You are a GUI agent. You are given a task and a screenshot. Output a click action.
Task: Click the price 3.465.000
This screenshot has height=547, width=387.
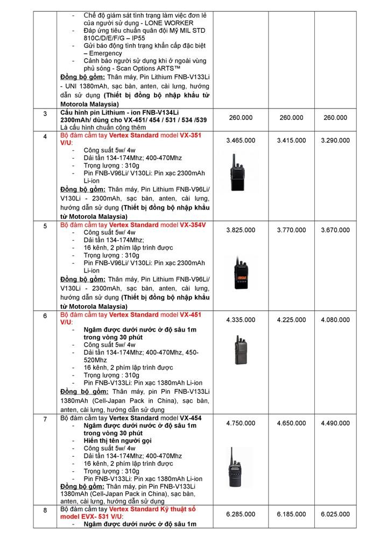click(241, 140)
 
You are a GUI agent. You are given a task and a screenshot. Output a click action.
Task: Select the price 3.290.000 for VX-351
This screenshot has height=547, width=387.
click(335, 140)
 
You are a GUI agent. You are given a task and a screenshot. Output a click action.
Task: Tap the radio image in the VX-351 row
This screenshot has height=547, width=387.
click(237, 172)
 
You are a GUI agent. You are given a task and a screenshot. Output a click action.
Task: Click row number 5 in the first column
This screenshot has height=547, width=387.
click(45, 226)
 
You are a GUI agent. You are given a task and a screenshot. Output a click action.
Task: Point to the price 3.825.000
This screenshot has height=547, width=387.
click(241, 230)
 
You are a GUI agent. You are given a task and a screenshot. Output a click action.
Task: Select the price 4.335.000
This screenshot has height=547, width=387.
click(241, 320)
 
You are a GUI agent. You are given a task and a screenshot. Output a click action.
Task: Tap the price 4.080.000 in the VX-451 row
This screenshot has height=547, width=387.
click(335, 320)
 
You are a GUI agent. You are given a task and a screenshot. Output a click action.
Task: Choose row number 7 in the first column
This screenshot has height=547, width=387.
click(45, 419)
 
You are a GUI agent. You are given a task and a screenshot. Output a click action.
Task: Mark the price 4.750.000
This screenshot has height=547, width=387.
click(241, 423)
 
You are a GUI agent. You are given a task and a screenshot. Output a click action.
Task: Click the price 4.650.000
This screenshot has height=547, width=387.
click(291, 423)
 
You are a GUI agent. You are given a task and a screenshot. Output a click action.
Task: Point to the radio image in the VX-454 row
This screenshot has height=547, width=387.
click(238, 467)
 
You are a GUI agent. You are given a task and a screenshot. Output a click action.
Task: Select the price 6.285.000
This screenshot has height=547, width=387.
click(241, 514)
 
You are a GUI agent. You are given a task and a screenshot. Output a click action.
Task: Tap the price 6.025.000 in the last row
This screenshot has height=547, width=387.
click(335, 514)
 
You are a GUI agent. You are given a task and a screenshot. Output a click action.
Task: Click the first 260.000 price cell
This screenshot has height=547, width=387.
click(241, 118)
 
